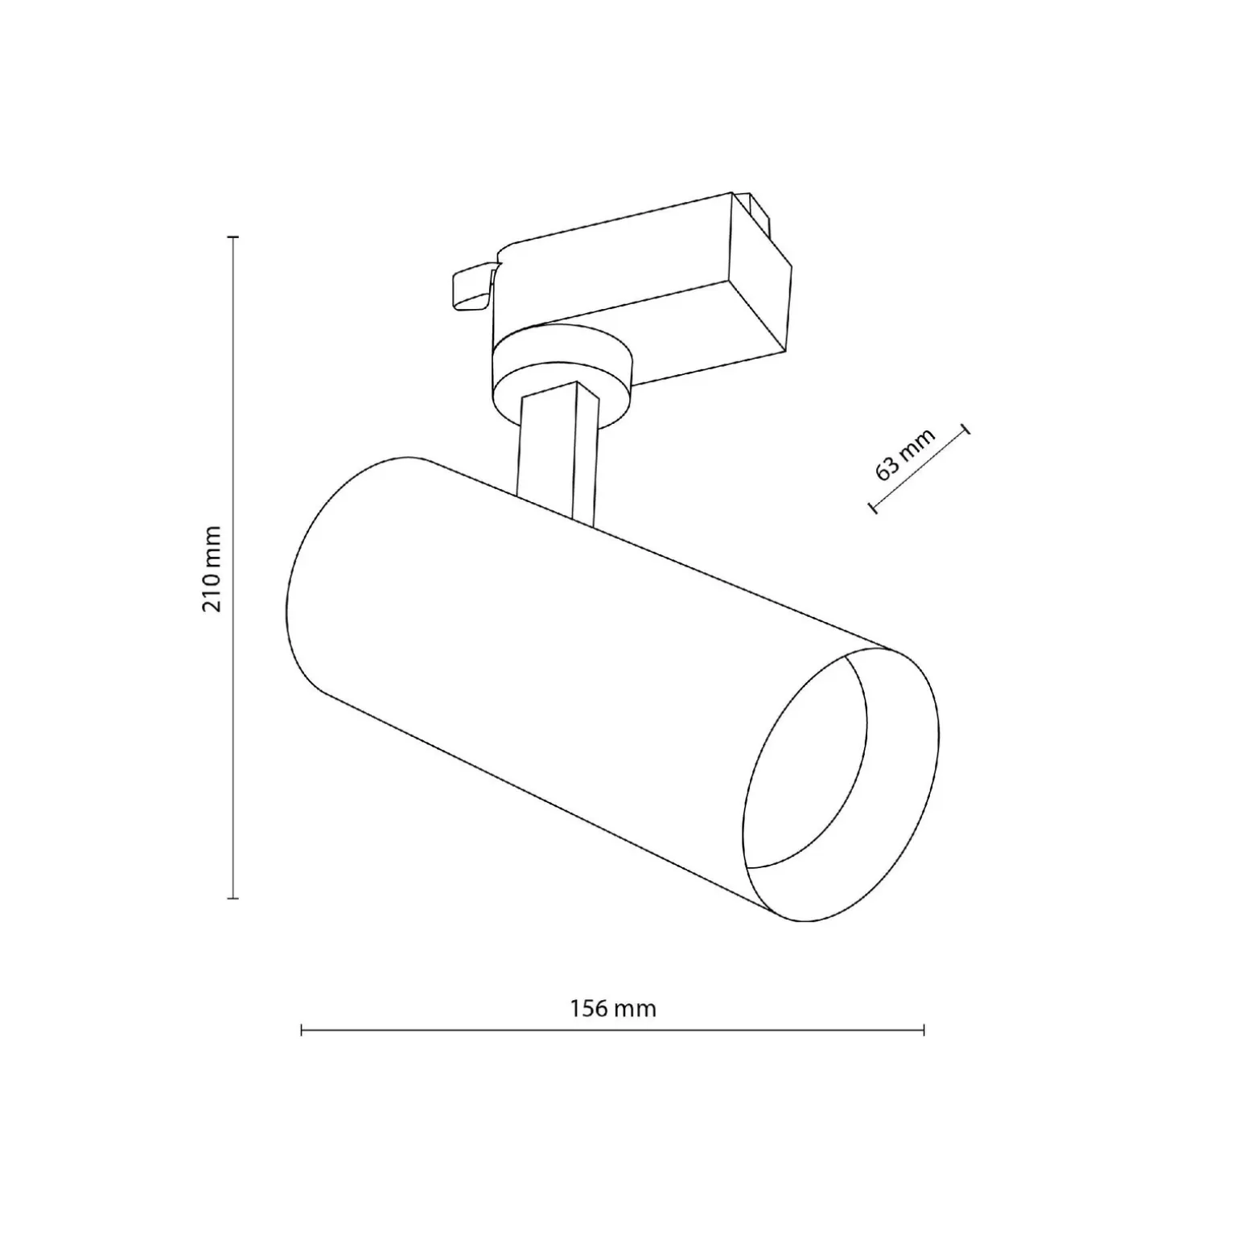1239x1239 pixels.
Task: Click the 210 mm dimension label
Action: pyautogui.click(x=212, y=568)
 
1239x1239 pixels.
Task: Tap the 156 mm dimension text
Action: pyautogui.click(x=613, y=1008)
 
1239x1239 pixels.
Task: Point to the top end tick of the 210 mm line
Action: pyautogui.click(x=233, y=237)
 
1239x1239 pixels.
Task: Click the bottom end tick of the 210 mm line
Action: pyautogui.click(x=233, y=897)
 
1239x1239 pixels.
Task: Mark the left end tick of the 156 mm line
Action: pyautogui.click(x=301, y=1029)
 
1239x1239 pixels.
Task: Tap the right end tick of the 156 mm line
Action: pyautogui.click(x=924, y=1029)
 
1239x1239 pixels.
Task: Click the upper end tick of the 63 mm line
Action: pyautogui.click(x=965, y=429)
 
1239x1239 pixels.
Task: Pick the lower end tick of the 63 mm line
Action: pyautogui.click(x=872, y=507)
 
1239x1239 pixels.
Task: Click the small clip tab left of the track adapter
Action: pyautogui.click(x=471, y=286)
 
